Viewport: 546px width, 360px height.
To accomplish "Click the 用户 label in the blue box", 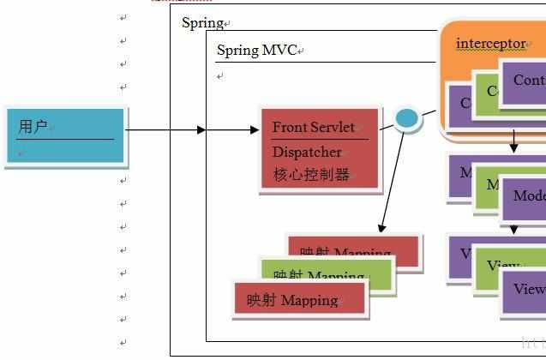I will [x=33, y=127].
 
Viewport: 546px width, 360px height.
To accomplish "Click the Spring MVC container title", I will [x=256, y=51].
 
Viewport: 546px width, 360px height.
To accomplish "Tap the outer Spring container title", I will [x=202, y=23].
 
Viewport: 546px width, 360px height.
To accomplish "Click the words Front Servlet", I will [x=313, y=127].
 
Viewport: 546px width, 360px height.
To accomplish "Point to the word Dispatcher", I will [x=306, y=152].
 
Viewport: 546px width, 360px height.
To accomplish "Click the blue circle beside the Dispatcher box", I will [x=406, y=118].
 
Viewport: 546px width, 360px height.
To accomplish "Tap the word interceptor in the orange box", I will [x=490, y=43].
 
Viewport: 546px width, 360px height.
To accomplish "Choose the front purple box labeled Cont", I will [x=525, y=81].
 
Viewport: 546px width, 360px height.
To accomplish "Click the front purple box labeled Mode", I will [x=525, y=196].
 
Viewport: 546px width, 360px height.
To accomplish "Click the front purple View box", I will [x=525, y=289].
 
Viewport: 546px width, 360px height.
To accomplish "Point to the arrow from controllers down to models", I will [x=513, y=141].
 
